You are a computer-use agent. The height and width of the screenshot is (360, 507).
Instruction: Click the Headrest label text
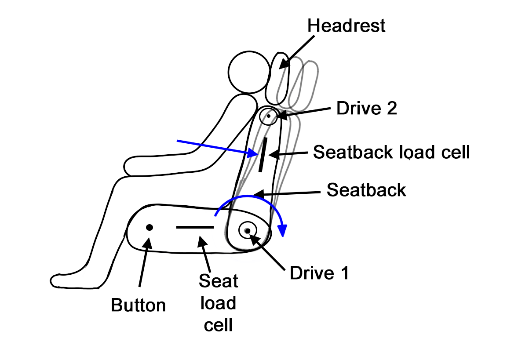pyautogui.click(x=346, y=25)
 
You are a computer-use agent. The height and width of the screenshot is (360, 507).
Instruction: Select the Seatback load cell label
pyautogui.click(x=391, y=152)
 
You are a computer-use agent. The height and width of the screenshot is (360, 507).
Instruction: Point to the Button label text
pyautogui.click(x=139, y=305)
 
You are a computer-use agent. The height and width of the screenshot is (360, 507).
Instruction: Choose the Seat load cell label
pyautogui.click(x=218, y=303)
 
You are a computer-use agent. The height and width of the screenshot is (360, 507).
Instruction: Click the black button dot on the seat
pyautogui.click(x=150, y=227)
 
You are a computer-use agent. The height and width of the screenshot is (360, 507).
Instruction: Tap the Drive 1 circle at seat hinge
pyautogui.click(x=248, y=230)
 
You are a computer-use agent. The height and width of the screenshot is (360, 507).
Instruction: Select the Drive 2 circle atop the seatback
pyautogui.click(x=268, y=116)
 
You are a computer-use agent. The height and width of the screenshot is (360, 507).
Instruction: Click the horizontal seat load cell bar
pyautogui.click(x=195, y=227)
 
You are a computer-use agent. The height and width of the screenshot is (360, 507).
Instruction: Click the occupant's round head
pyautogui.click(x=248, y=71)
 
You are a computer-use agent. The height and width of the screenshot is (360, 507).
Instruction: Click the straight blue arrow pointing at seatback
pyautogui.click(x=215, y=148)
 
